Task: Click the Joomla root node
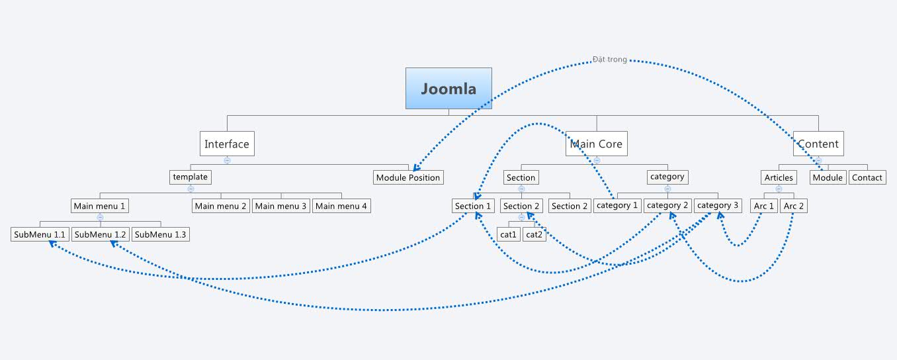[448, 88]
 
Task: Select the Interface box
[227, 144]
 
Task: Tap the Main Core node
[596, 144]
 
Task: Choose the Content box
[818, 144]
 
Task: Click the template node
[191, 177]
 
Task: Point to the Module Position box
[408, 177]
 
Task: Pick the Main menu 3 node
[281, 206]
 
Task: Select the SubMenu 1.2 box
[100, 234]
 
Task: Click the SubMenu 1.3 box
[161, 234]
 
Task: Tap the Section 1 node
[474, 206]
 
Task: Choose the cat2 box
[534, 234]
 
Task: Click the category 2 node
[668, 205]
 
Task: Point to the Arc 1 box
[764, 206]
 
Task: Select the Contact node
[867, 177]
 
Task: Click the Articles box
[779, 177]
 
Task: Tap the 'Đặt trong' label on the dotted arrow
[609, 60]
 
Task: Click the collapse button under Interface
[227, 160]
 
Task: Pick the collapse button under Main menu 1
[100, 217]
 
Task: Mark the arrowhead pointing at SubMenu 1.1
[52, 244]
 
